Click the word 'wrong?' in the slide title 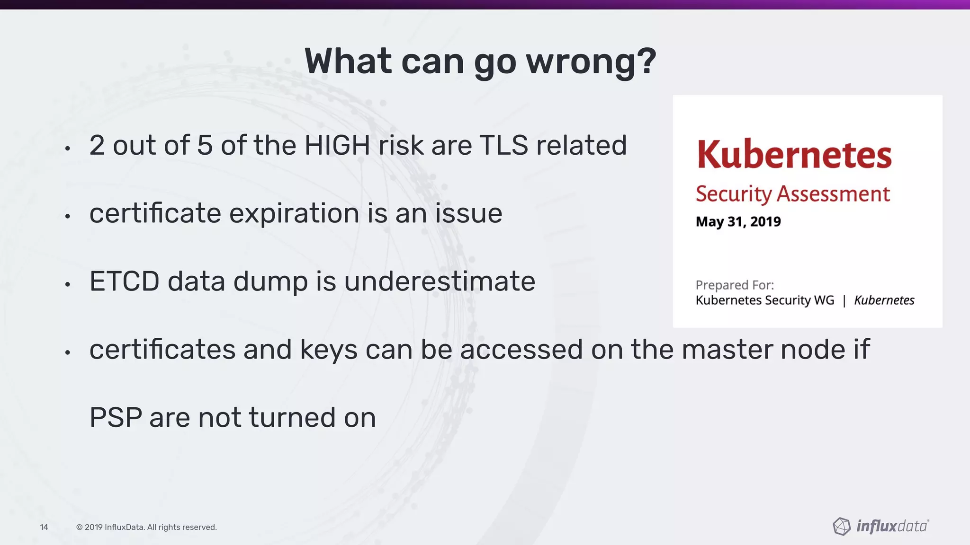click(591, 62)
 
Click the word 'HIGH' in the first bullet click(337, 145)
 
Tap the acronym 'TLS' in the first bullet click(503, 145)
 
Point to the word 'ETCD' click(124, 281)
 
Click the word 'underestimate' click(440, 281)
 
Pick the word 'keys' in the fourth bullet click(328, 350)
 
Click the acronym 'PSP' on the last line click(116, 418)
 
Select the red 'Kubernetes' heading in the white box click(794, 155)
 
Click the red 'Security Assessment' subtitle click(792, 194)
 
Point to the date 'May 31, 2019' click(738, 221)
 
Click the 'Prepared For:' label click(735, 285)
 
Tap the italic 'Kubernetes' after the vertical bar click(884, 300)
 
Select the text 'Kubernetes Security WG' click(764, 300)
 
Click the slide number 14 click(44, 527)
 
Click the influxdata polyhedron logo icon click(842, 526)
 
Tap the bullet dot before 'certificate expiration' click(68, 217)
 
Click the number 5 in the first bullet click(204, 145)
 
